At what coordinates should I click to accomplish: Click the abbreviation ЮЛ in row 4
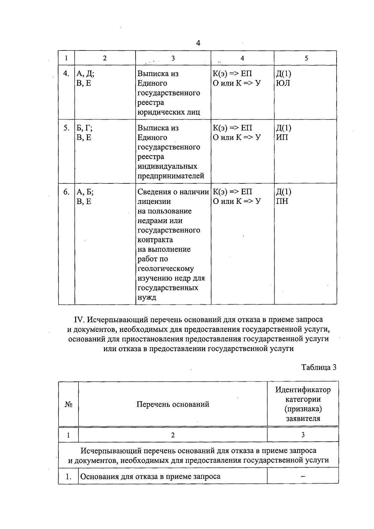[x=283, y=83]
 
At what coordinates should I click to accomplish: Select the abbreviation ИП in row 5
[x=282, y=138]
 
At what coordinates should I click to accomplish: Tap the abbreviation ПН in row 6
[x=282, y=201]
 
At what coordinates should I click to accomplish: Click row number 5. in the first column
[x=66, y=128]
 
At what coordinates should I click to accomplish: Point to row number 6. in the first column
[x=66, y=192]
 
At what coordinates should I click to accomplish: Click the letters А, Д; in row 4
[x=85, y=74]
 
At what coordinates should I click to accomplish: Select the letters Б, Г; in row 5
[x=84, y=128]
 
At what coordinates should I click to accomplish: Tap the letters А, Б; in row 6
[x=85, y=192]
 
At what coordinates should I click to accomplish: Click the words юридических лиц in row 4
[x=169, y=112]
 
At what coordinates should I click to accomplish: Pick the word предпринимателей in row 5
[x=171, y=176]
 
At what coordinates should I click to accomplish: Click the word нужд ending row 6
[x=147, y=297]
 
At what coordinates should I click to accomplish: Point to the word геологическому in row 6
[x=165, y=268]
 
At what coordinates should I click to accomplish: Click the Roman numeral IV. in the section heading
[x=79, y=319]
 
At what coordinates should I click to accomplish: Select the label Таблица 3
[x=319, y=367]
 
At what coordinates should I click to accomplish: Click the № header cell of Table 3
[x=69, y=404]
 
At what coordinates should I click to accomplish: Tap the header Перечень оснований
[x=173, y=404]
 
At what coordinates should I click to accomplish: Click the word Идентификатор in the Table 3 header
[x=303, y=390]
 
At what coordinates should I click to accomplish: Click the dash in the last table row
[x=303, y=476]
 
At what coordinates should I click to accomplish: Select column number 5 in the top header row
[x=306, y=58]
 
